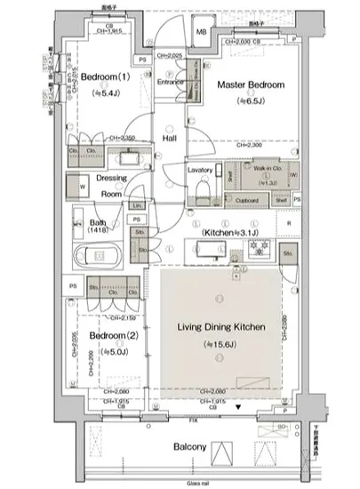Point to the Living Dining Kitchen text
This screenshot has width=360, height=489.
point(218,328)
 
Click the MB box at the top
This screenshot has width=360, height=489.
point(201,34)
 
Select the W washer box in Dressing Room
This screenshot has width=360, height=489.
point(84,188)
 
